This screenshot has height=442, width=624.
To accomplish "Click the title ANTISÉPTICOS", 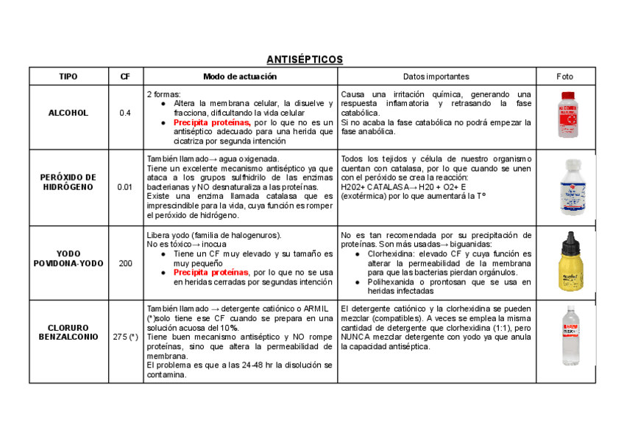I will [305, 59].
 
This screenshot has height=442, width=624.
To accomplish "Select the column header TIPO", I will [68, 77].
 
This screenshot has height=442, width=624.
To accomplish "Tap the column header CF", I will [125, 77].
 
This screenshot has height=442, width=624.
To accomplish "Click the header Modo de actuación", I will [240, 77].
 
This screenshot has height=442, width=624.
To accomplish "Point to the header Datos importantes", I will [436, 77].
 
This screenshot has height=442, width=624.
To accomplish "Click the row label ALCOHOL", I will [68, 113].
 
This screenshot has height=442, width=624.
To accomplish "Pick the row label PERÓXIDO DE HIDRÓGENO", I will [68, 182].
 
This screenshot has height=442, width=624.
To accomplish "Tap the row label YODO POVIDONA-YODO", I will [68, 258].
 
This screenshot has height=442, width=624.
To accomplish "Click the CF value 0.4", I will [125, 113].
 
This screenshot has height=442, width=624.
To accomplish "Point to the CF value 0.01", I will [125, 187].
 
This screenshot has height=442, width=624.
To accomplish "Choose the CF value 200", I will [125, 263].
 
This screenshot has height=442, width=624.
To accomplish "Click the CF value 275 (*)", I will [125, 337].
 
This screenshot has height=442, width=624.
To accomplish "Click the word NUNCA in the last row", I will [356, 337].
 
